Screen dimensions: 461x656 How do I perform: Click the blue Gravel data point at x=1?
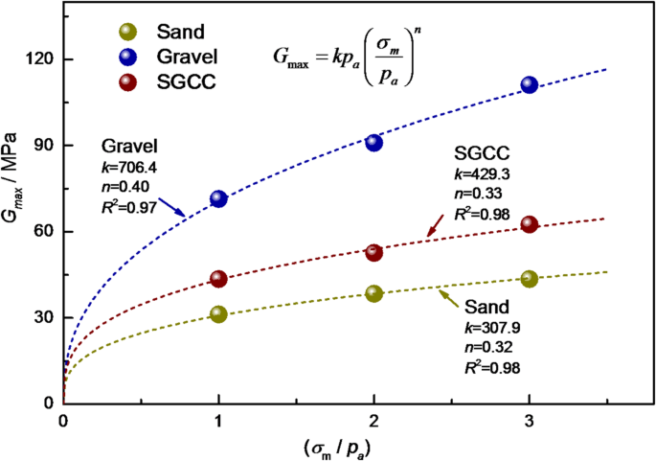(218, 199)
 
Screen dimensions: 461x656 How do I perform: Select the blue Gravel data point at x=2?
(374, 143)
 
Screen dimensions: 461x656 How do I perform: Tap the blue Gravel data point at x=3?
(530, 84)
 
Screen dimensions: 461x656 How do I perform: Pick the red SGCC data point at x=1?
(218, 279)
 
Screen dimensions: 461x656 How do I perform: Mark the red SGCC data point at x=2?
(374, 252)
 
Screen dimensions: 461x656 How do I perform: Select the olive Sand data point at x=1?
(218, 313)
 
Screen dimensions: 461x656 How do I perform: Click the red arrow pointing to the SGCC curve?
(434, 225)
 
